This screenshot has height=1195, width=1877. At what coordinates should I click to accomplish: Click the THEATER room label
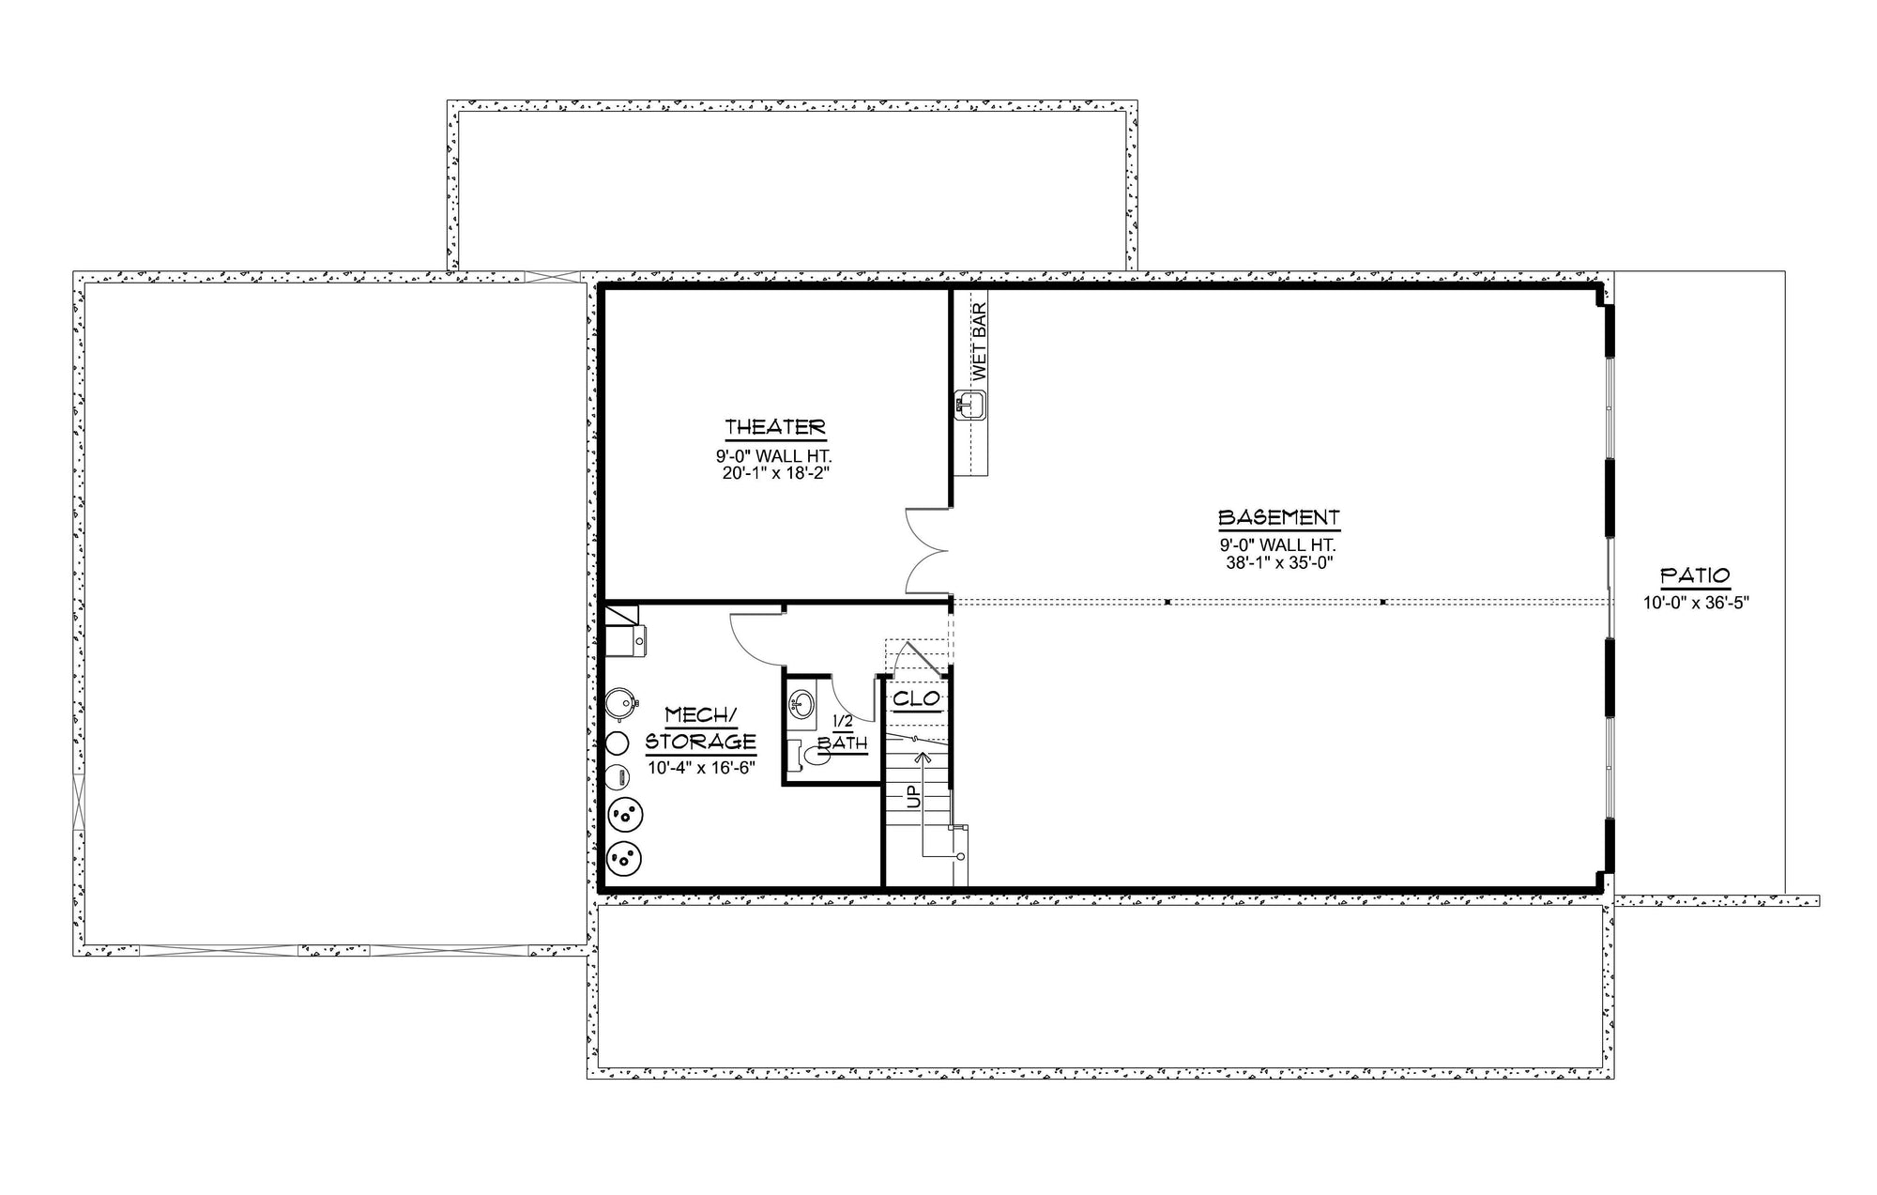point(775,427)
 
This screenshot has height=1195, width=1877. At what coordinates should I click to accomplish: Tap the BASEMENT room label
point(1278,517)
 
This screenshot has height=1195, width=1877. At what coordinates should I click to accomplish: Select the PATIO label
point(1695,575)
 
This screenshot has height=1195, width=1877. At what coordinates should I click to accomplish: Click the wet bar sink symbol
point(970,406)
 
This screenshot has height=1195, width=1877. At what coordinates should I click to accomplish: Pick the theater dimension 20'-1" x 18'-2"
point(775,473)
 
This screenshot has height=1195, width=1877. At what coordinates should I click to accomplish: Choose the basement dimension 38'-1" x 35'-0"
point(1278,563)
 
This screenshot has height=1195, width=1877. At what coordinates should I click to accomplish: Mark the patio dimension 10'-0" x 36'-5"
point(1696,603)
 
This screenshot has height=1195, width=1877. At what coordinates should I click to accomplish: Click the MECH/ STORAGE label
point(701,728)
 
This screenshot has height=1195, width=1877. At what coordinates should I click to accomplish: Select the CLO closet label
point(916,698)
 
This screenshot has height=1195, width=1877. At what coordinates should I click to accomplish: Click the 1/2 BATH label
point(842,732)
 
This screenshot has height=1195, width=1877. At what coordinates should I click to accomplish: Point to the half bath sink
point(801,704)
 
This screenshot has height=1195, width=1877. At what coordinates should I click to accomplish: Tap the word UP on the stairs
point(912,797)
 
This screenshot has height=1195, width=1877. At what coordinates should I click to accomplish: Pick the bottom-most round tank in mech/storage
point(625,857)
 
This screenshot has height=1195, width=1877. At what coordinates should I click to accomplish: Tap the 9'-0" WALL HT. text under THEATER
point(775,456)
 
